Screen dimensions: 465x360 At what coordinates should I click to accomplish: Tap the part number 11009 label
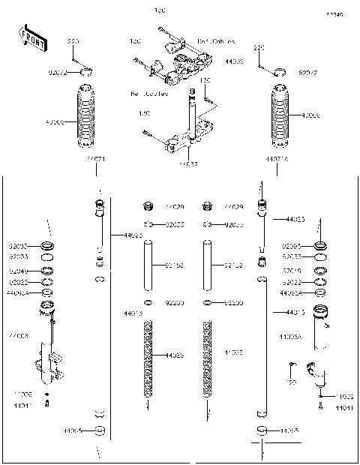pos(22,394)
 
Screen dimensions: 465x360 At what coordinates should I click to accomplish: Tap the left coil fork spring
pos(148,358)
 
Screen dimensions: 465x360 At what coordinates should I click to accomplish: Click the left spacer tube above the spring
pos(148,265)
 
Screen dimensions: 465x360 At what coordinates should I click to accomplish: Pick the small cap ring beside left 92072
pos(89,72)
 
